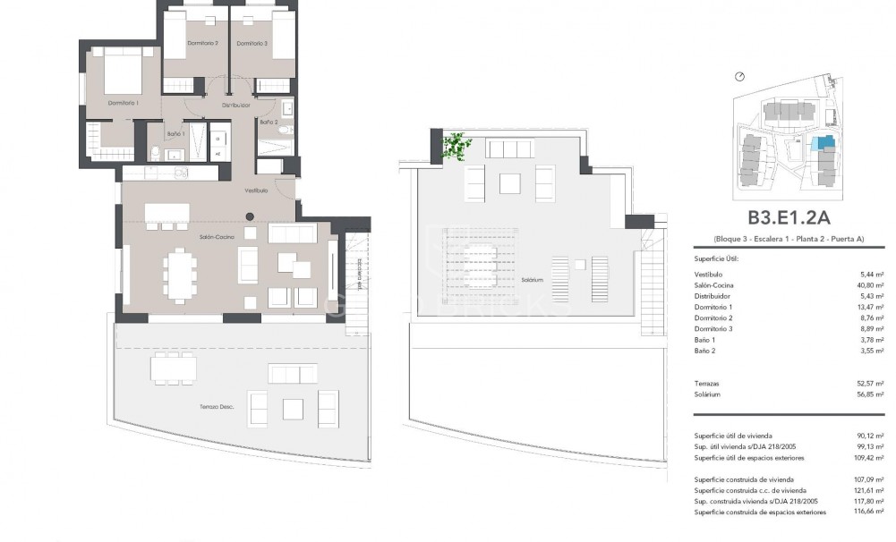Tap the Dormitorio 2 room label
click(x=203, y=43)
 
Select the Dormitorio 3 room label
click(x=252, y=43)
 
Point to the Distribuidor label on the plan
click(x=236, y=105)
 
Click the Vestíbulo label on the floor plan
click(x=257, y=191)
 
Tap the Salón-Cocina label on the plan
click(x=218, y=237)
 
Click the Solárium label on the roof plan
click(x=533, y=280)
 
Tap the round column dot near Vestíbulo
click(x=250, y=215)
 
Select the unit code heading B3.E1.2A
click(x=789, y=217)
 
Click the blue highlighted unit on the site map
click(x=821, y=143)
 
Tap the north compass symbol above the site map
click(x=739, y=77)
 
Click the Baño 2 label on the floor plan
click(x=269, y=122)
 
